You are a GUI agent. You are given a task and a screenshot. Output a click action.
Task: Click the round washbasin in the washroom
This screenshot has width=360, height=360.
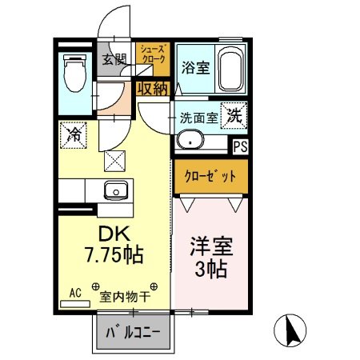point(190,142)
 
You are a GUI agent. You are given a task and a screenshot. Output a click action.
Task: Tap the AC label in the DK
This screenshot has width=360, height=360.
point(77,293)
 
